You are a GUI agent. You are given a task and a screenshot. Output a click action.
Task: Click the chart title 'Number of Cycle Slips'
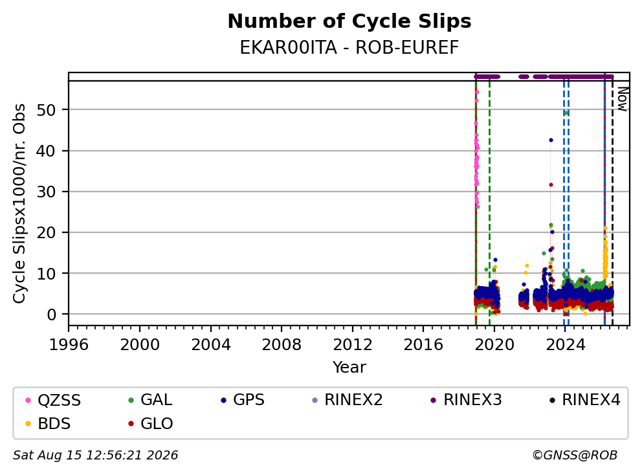349,21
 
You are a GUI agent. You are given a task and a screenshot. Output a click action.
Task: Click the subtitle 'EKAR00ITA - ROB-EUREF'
349,48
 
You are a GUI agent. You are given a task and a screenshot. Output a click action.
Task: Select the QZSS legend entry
53,400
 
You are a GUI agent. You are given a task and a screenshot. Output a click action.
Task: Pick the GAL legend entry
150,400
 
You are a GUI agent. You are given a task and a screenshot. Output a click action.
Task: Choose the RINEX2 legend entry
347,400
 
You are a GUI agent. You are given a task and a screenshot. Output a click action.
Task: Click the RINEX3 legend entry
467,400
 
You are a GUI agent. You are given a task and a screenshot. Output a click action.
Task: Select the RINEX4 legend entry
585,400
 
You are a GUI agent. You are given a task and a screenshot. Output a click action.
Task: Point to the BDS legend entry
48,424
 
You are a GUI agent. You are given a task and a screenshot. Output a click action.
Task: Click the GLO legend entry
151,424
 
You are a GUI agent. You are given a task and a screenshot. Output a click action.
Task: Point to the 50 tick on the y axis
46,110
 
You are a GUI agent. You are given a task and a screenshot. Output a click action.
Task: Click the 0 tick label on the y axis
51,315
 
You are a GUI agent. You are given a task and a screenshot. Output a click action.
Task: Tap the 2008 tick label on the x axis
282,345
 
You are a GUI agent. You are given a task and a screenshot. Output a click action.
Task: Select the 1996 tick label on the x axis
69,345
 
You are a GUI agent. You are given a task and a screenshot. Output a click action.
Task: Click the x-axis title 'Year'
349,368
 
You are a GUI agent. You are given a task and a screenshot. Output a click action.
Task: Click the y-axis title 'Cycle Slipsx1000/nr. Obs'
19,203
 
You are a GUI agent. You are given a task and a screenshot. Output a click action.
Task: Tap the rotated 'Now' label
622,98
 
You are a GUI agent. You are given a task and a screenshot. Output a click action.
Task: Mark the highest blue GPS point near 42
551,140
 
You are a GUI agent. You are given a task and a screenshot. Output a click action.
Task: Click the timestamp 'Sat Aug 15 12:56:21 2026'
95,456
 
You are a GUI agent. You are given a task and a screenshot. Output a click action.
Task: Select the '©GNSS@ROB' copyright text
575,456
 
